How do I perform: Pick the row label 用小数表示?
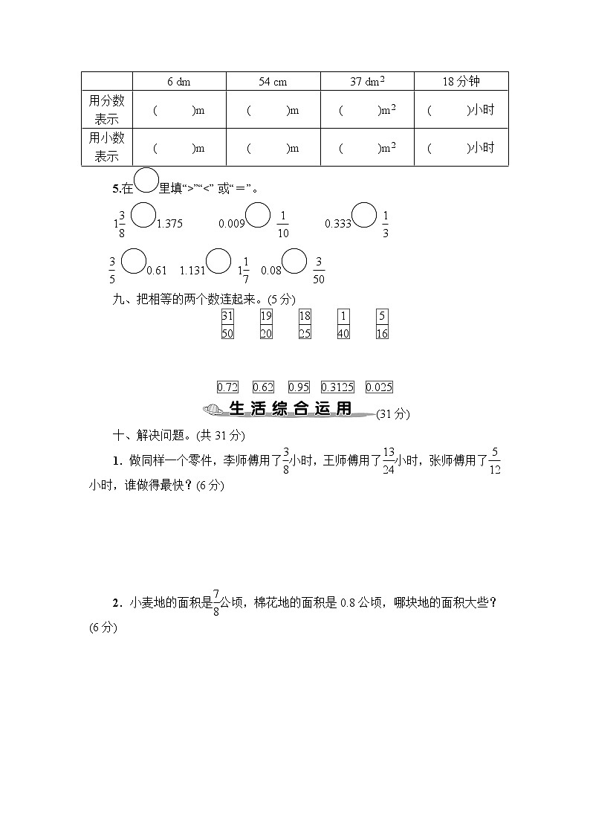106,146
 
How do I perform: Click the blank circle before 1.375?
143,215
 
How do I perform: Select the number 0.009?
231,222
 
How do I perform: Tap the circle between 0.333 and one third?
364,215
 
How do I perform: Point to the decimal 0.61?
156,270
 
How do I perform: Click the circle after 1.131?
218,262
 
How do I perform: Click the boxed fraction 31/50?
227,324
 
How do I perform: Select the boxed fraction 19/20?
266,324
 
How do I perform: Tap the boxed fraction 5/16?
382,324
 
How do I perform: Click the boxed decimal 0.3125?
337,387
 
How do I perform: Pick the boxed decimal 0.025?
379,387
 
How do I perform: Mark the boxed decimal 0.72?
227,387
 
